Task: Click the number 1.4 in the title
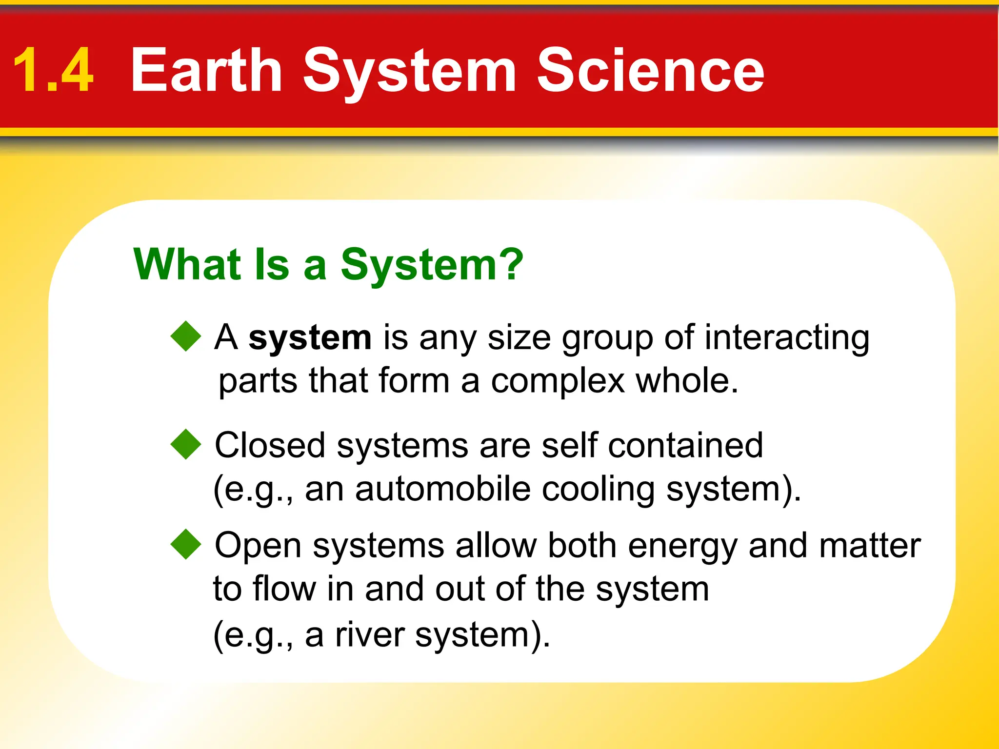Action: (x=53, y=71)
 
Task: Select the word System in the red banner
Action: (x=409, y=73)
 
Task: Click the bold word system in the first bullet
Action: (x=310, y=337)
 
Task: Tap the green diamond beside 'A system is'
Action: (x=186, y=336)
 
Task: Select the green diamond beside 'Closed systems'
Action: (x=186, y=444)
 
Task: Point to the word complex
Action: (x=558, y=381)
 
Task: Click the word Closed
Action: (x=270, y=445)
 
